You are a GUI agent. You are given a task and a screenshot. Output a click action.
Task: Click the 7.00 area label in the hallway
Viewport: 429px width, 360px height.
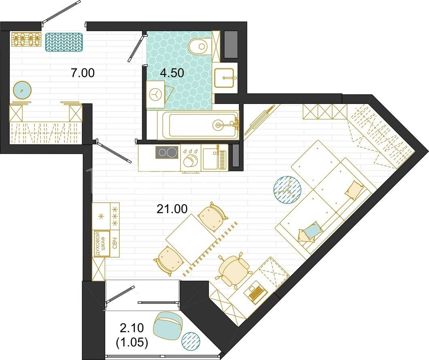pyautogui.click(x=83, y=73)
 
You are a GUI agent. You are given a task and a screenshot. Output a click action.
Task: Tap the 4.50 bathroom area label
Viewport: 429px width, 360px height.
pyautogui.click(x=172, y=73)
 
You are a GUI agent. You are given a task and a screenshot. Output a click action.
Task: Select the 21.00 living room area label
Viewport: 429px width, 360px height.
pyautogui.click(x=172, y=209)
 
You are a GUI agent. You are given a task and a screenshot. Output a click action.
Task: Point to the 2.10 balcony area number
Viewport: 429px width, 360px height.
pyautogui.click(x=132, y=328)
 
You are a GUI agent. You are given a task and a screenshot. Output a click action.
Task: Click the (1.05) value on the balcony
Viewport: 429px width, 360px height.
pyautogui.click(x=132, y=343)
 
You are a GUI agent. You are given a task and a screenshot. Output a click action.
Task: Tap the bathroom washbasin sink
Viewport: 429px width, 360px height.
pyautogui.click(x=224, y=78)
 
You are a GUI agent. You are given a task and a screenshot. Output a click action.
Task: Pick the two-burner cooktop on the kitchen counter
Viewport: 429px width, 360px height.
pyautogui.click(x=167, y=152)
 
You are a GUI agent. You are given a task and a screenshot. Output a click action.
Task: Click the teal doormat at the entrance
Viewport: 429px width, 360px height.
pyautogui.click(x=64, y=42)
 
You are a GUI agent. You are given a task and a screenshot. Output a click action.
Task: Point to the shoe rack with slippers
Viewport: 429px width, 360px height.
pyautogui.click(x=26, y=39)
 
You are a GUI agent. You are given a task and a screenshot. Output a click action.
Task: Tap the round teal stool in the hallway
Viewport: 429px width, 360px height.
pyautogui.click(x=22, y=90)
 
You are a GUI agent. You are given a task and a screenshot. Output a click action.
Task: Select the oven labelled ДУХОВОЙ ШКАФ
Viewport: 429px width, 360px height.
pyautogui.click(x=102, y=244)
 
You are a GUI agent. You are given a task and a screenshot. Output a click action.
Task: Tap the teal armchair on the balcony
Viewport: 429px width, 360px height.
pyautogui.click(x=168, y=327)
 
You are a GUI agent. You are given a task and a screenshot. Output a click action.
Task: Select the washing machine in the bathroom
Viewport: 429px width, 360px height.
pyautogui.click(x=155, y=94)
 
